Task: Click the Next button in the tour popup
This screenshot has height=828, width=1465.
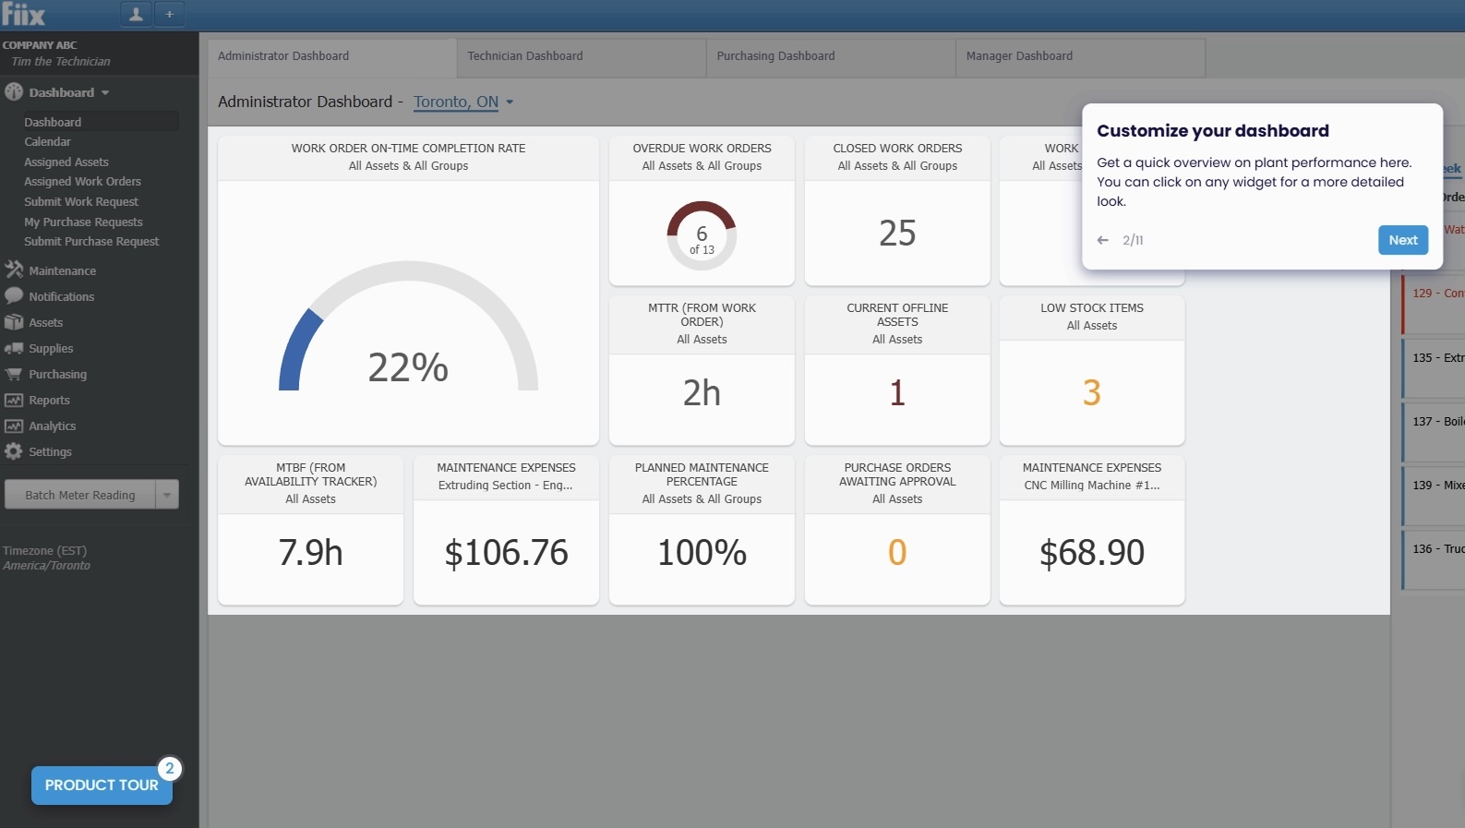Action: pos(1402,240)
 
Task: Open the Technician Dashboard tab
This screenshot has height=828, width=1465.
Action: pos(524,56)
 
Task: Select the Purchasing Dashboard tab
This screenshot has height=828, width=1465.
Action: pos(775,56)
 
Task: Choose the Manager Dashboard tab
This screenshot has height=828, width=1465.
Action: pos(1019,56)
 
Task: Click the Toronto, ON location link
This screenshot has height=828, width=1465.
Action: pos(456,102)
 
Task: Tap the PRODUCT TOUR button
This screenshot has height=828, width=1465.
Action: pos(102,785)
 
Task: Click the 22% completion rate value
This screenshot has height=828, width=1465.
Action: pos(408,367)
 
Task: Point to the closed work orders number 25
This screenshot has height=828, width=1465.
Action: pos(897,234)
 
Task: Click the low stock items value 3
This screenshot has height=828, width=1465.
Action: pos(1091,393)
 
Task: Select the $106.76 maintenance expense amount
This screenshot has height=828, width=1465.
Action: pos(506,553)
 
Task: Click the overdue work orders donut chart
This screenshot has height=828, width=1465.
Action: pos(702,235)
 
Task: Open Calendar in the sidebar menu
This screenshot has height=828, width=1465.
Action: pos(47,142)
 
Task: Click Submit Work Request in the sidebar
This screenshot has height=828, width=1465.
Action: pos(81,202)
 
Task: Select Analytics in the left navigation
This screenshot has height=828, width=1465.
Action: pos(52,426)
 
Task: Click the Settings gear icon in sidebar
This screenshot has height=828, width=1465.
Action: pos(13,451)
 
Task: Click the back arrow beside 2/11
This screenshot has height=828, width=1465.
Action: pos(1102,240)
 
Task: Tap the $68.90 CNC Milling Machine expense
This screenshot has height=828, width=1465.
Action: pos(1091,553)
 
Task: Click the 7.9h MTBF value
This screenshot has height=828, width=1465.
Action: pos(310,553)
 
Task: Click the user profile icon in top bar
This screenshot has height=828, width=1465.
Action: pos(136,14)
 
